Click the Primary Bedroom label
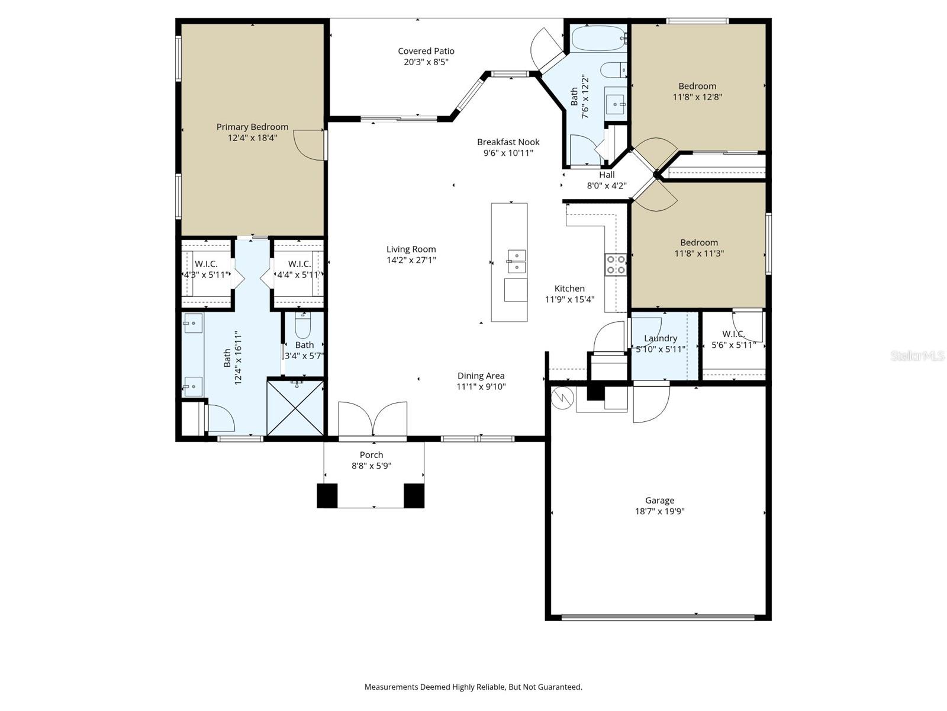252,127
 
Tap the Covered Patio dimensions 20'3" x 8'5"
426,62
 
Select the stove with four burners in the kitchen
615,264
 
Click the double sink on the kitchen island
516,261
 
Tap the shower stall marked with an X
295,408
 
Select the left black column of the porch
327,496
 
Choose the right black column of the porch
414,496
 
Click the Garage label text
659,501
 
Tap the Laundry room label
660,338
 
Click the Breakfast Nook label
508,142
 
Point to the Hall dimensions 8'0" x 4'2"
606,185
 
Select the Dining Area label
481,376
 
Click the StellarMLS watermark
917,355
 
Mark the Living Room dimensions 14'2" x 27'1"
411,260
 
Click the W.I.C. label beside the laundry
733,334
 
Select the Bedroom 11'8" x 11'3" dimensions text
698,254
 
